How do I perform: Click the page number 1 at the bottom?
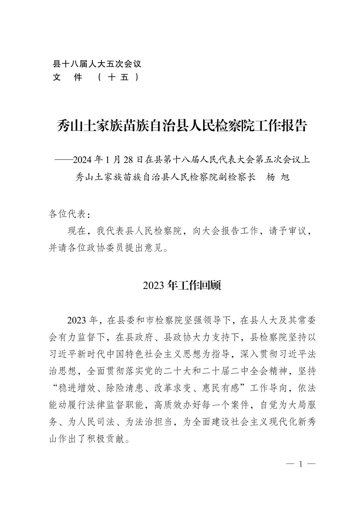click(x=301, y=464)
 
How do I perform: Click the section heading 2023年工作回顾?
click(x=182, y=285)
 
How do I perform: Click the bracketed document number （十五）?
click(x=119, y=77)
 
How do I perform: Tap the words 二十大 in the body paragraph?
click(x=173, y=371)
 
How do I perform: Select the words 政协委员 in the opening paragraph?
click(x=111, y=248)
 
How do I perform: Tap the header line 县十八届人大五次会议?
click(x=97, y=64)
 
